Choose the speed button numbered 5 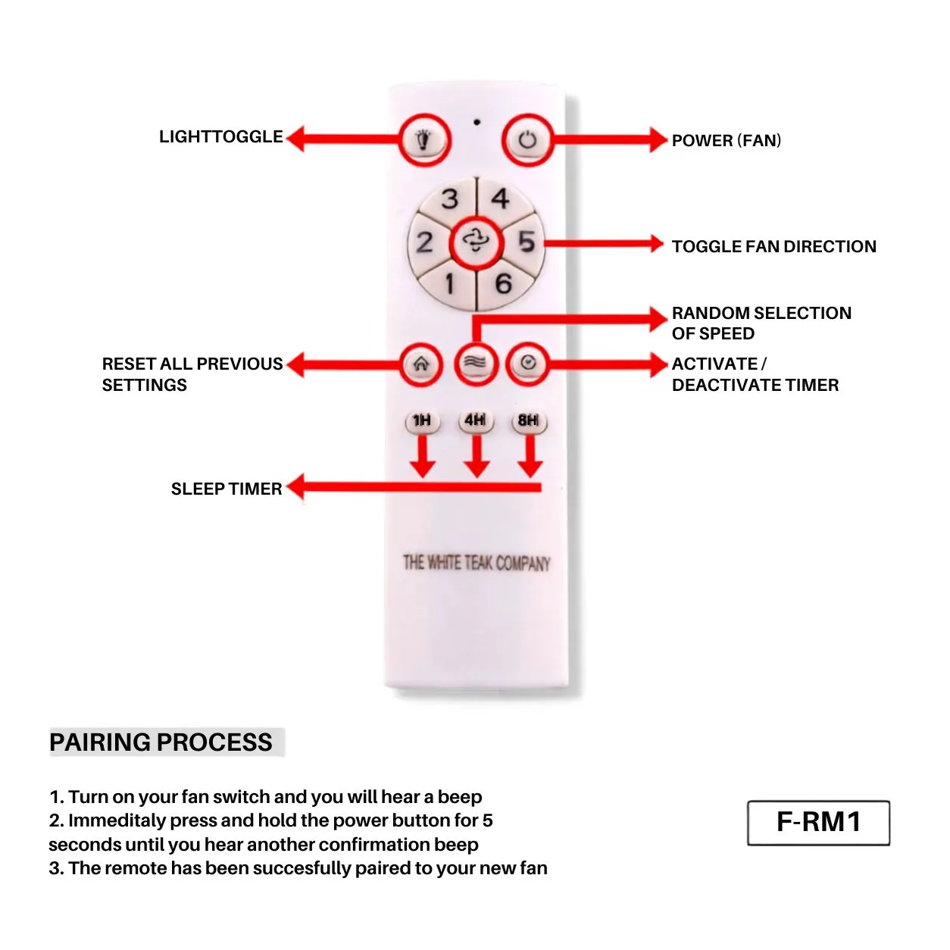click(526, 242)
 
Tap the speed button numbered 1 click(449, 285)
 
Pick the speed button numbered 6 click(504, 285)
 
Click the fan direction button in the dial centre click(477, 242)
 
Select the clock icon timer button click(527, 364)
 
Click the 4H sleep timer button click(475, 421)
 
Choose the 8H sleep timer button click(529, 421)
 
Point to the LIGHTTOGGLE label click(221, 137)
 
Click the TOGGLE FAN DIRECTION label click(774, 246)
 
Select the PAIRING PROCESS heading click(161, 742)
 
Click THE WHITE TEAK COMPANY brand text click(477, 563)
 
